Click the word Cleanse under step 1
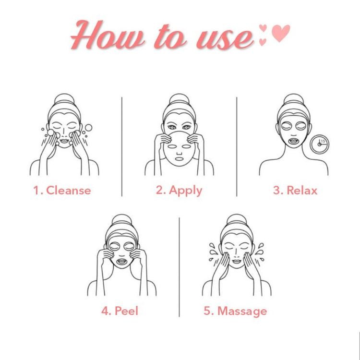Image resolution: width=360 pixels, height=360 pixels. [69, 191]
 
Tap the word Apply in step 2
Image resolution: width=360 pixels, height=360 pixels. [185, 191]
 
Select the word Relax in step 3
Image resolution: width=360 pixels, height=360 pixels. [302, 191]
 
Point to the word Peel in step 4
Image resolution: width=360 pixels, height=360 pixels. [127, 311]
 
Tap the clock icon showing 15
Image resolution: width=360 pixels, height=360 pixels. [319, 144]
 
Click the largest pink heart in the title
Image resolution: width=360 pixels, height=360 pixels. [281, 33]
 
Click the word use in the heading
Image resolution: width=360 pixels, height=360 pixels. [225, 39]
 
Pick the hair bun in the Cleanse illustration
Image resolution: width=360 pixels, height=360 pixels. [64, 99]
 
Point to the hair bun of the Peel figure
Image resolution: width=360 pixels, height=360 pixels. [122, 220]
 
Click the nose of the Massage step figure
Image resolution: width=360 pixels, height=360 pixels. [236, 254]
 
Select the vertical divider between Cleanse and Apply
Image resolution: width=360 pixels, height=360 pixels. [122, 146]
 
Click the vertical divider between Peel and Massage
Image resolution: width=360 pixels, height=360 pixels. [180, 267]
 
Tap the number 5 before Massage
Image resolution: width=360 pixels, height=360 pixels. [207, 311]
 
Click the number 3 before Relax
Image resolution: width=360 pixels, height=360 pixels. [276, 191]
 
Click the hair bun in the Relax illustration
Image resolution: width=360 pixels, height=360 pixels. [293, 100]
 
